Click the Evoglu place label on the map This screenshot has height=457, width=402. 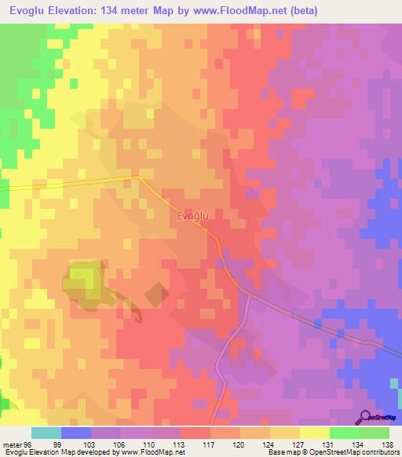pyautogui.click(x=192, y=215)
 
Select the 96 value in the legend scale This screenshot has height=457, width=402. pyautogui.click(x=30, y=445)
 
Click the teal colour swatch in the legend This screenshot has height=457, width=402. pyautogui.click(x=46, y=433)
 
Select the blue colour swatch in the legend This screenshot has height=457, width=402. pyautogui.click(x=76, y=433)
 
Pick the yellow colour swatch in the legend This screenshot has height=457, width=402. pyautogui.click(x=315, y=433)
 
